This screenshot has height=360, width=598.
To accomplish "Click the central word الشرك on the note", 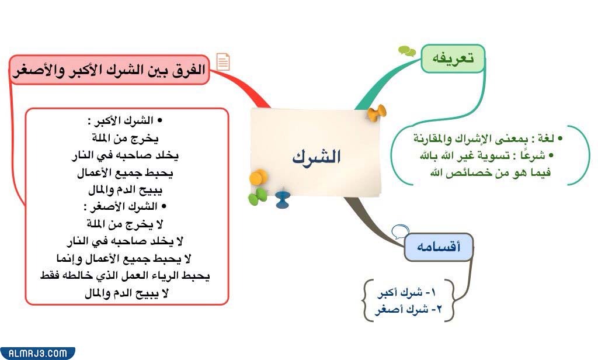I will [317, 157].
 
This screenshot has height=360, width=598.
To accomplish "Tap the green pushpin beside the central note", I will [258, 196].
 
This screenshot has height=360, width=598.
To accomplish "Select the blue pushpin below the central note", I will [283, 199].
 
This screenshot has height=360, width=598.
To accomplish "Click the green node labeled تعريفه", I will [453, 58].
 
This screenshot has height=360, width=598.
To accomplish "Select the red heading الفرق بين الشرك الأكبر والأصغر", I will [109, 70].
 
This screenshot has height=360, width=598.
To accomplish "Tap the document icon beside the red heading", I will [223, 61].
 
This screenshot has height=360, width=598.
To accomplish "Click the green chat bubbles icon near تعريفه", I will [406, 51].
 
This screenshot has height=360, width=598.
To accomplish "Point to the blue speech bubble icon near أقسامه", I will [399, 231].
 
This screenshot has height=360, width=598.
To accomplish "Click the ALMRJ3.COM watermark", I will [37, 353].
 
